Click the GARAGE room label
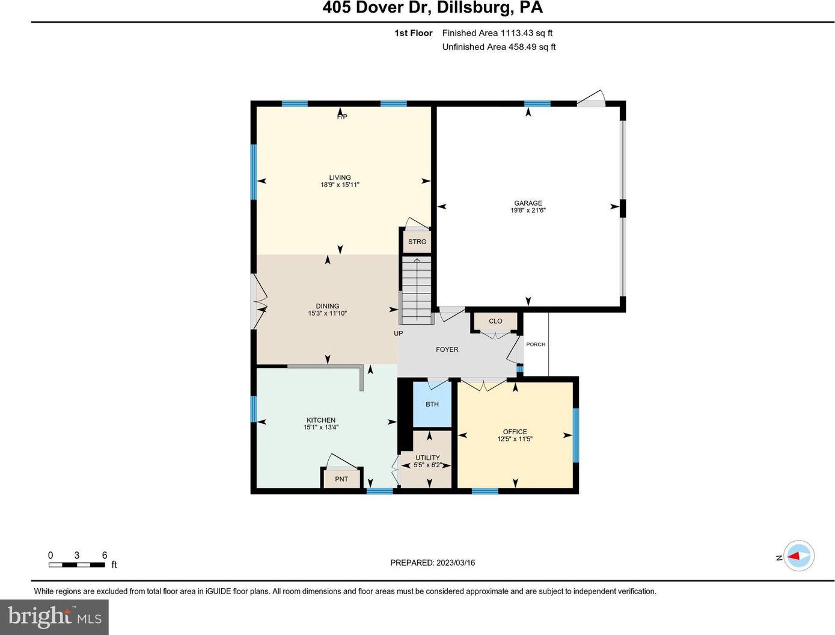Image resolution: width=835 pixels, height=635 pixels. pos(528,203)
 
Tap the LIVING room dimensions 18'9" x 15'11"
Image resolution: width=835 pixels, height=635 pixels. pos(340,185)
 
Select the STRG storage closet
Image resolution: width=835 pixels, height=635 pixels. pos(417,241)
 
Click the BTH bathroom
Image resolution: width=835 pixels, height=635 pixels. pos(432,404)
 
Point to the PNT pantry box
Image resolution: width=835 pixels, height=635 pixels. pos(341,479)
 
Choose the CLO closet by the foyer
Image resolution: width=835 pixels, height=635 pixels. pos(495,321)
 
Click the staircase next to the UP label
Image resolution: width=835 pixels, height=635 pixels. pos(417,290)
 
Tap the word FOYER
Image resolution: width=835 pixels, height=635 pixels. pos(447,349)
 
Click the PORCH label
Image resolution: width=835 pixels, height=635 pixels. pos(536,345)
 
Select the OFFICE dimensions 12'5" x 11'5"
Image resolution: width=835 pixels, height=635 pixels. pos(515,439)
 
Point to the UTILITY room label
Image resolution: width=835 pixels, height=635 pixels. pos(427,458)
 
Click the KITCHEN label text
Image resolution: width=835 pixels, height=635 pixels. pos(320,420)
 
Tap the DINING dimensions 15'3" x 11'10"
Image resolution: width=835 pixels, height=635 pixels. pos(327,313)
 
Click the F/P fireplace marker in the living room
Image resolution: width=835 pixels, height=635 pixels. pos(342,117)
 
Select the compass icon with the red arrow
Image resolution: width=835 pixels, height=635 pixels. pos(798,556)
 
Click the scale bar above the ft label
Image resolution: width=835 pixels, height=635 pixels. pos(76,565)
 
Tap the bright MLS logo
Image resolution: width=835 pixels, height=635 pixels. pos(54,618)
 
